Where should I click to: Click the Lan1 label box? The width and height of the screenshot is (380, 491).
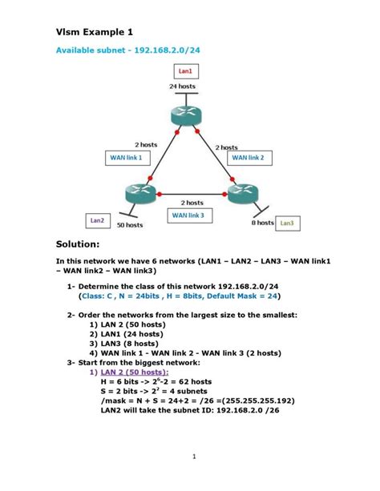tap(185, 71)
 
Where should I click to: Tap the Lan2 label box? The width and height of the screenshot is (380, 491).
tap(97, 219)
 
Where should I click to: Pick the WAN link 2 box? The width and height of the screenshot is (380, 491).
tap(253, 158)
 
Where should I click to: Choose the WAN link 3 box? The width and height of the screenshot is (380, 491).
tap(188, 215)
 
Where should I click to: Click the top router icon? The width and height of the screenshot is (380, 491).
tap(185, 114)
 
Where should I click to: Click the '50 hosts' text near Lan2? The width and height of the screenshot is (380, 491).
tap(129, 225)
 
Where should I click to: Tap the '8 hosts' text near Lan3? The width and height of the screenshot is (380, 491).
tap(262, 223)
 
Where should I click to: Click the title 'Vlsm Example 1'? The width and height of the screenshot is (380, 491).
tap(94, 31)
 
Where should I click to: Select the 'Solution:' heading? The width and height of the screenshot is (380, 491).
tap(77, 243)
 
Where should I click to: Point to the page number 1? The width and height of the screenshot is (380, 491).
tap(194, 457)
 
